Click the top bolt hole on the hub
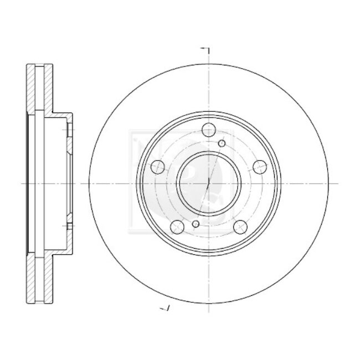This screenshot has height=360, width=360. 208,130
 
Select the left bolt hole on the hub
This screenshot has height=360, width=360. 158,166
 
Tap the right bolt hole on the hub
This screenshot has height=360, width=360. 259,166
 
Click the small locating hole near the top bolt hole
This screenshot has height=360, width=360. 222,144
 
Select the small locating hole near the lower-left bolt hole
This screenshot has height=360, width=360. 195,224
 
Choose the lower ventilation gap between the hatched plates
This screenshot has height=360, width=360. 41,277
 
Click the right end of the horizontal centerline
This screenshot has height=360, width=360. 337,183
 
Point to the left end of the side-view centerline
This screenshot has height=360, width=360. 21,183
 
